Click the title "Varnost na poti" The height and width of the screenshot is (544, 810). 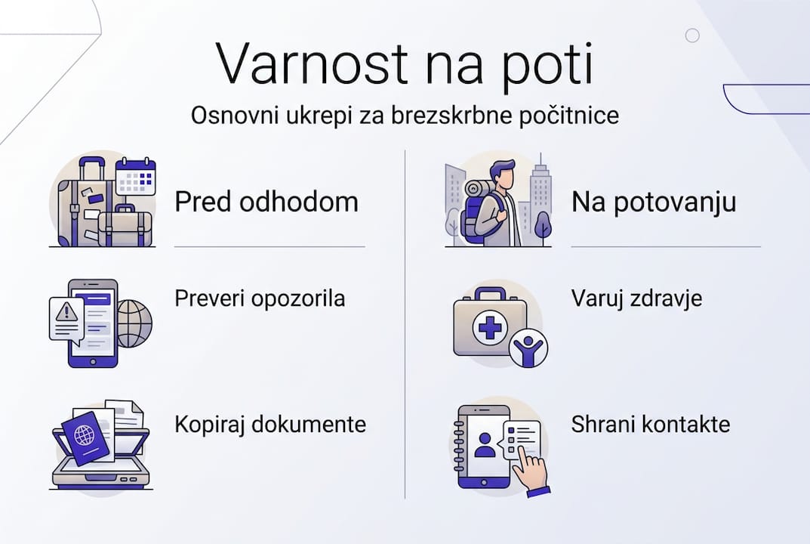tap(405, 63)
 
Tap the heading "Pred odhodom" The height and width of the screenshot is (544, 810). tap(266, 202)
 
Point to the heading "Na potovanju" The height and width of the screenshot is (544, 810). tap(654, 202)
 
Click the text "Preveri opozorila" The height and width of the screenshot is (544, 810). tap(260, 298)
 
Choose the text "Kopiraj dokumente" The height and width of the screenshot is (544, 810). tap(270, 424)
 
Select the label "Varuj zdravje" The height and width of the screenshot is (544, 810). tap(636, 298)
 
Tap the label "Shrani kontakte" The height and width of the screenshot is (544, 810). tap(651, 424)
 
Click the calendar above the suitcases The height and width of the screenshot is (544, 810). tap(135, 177)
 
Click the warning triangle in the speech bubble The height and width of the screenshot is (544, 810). tap(65, 310)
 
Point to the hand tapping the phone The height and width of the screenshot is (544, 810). tap(530, 473)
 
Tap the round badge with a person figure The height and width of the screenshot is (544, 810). tap(528, 348)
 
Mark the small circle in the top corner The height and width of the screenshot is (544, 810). tap(691, 35)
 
